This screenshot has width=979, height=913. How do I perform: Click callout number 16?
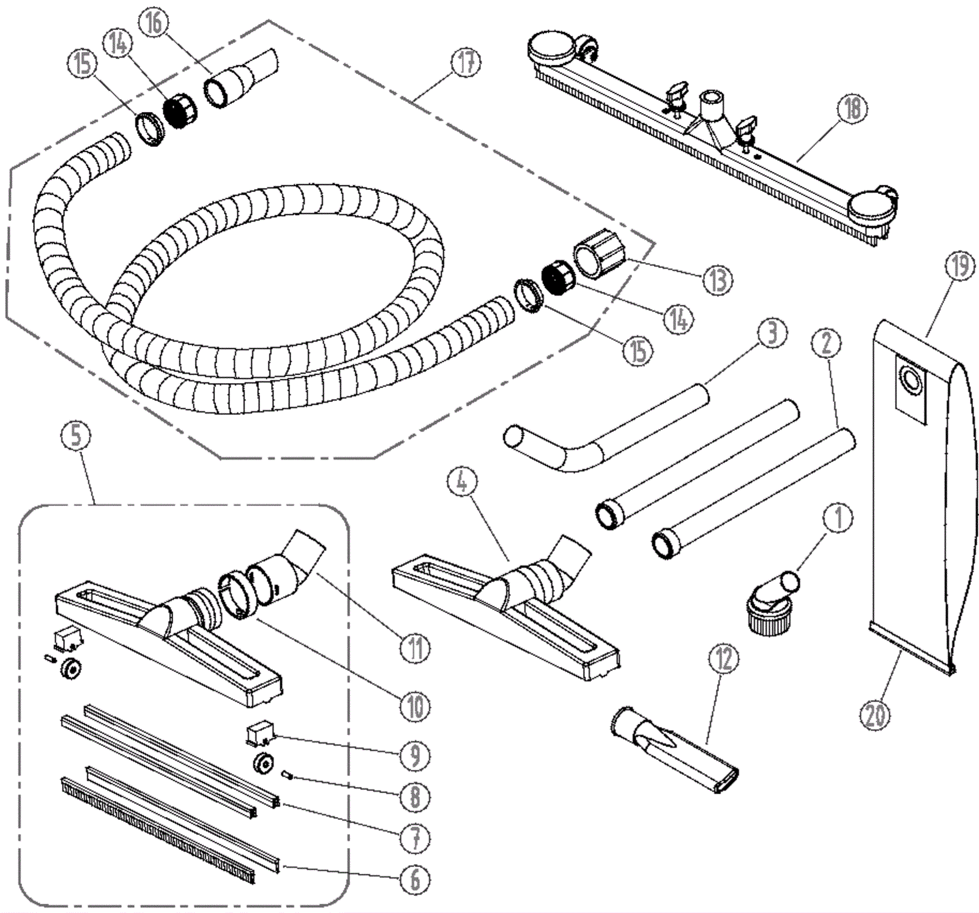(x=153, y=23)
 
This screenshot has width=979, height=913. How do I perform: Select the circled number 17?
(x=467, y=62)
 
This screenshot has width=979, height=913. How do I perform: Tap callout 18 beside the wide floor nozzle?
(x=852, y=108)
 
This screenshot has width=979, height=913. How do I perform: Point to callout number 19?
(x=959, y=266)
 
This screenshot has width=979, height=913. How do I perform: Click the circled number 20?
(x=875, y=714)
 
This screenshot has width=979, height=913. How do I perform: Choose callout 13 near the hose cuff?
(x=717, y=280)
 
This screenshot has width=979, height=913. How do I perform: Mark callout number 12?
(x=724, y=659)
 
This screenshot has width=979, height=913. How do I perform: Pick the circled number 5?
(x=76, y=436)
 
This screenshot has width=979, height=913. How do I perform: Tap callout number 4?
(x=462, y=482)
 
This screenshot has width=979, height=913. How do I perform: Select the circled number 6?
(x=415, y=880)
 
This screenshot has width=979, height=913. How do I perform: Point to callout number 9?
(x=415, y=756)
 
